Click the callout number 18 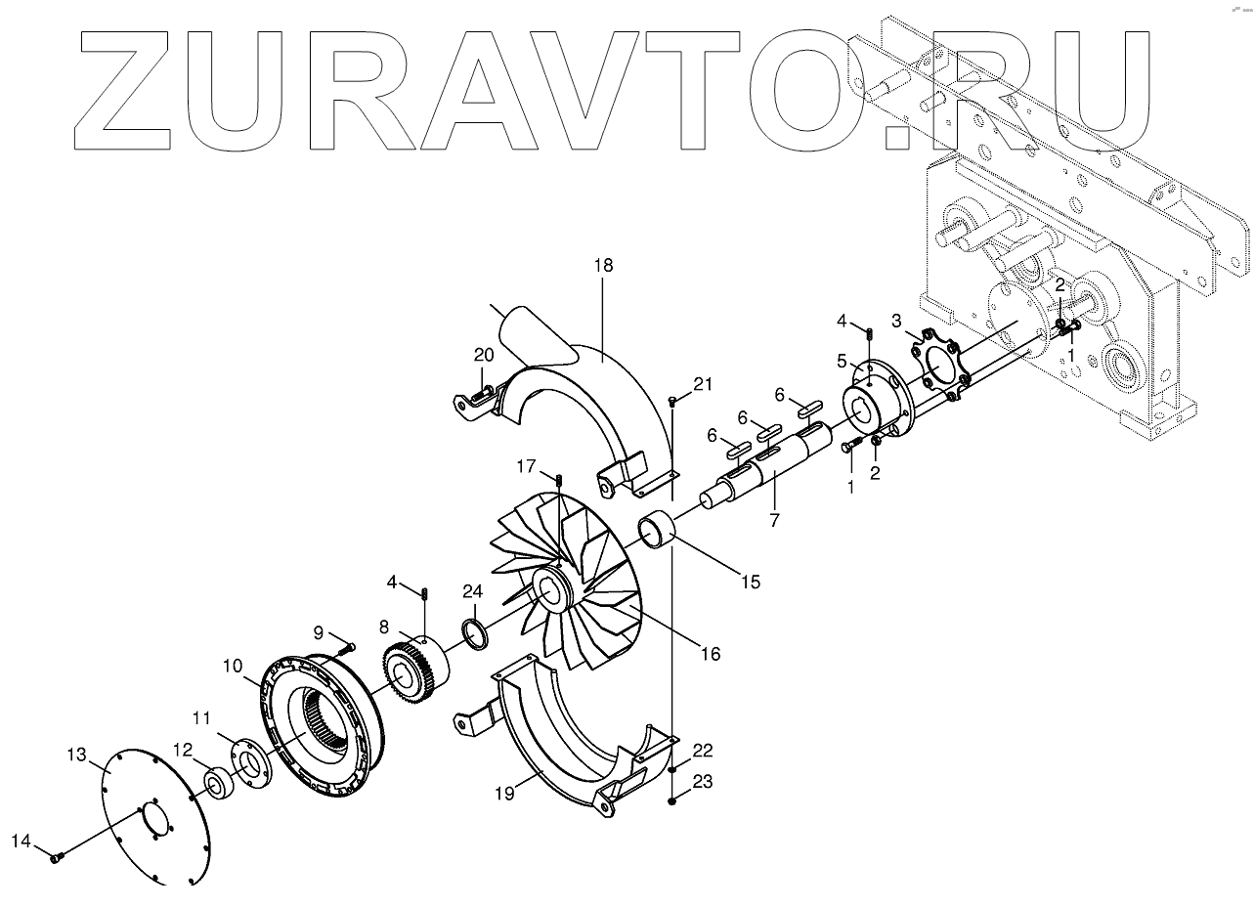click(x=602, y=265)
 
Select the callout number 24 click(x=473, y=590)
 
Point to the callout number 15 click(x=750, y=582)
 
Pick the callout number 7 click(x=774, y=520)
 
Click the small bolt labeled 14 click(x=58, y=857)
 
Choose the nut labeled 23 click(x=673, y=801)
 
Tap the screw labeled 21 click(x=673, y=401)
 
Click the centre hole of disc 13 click(x=150, y=820)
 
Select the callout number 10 click(x=232, y=666)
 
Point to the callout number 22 click(x=703, y=751)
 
